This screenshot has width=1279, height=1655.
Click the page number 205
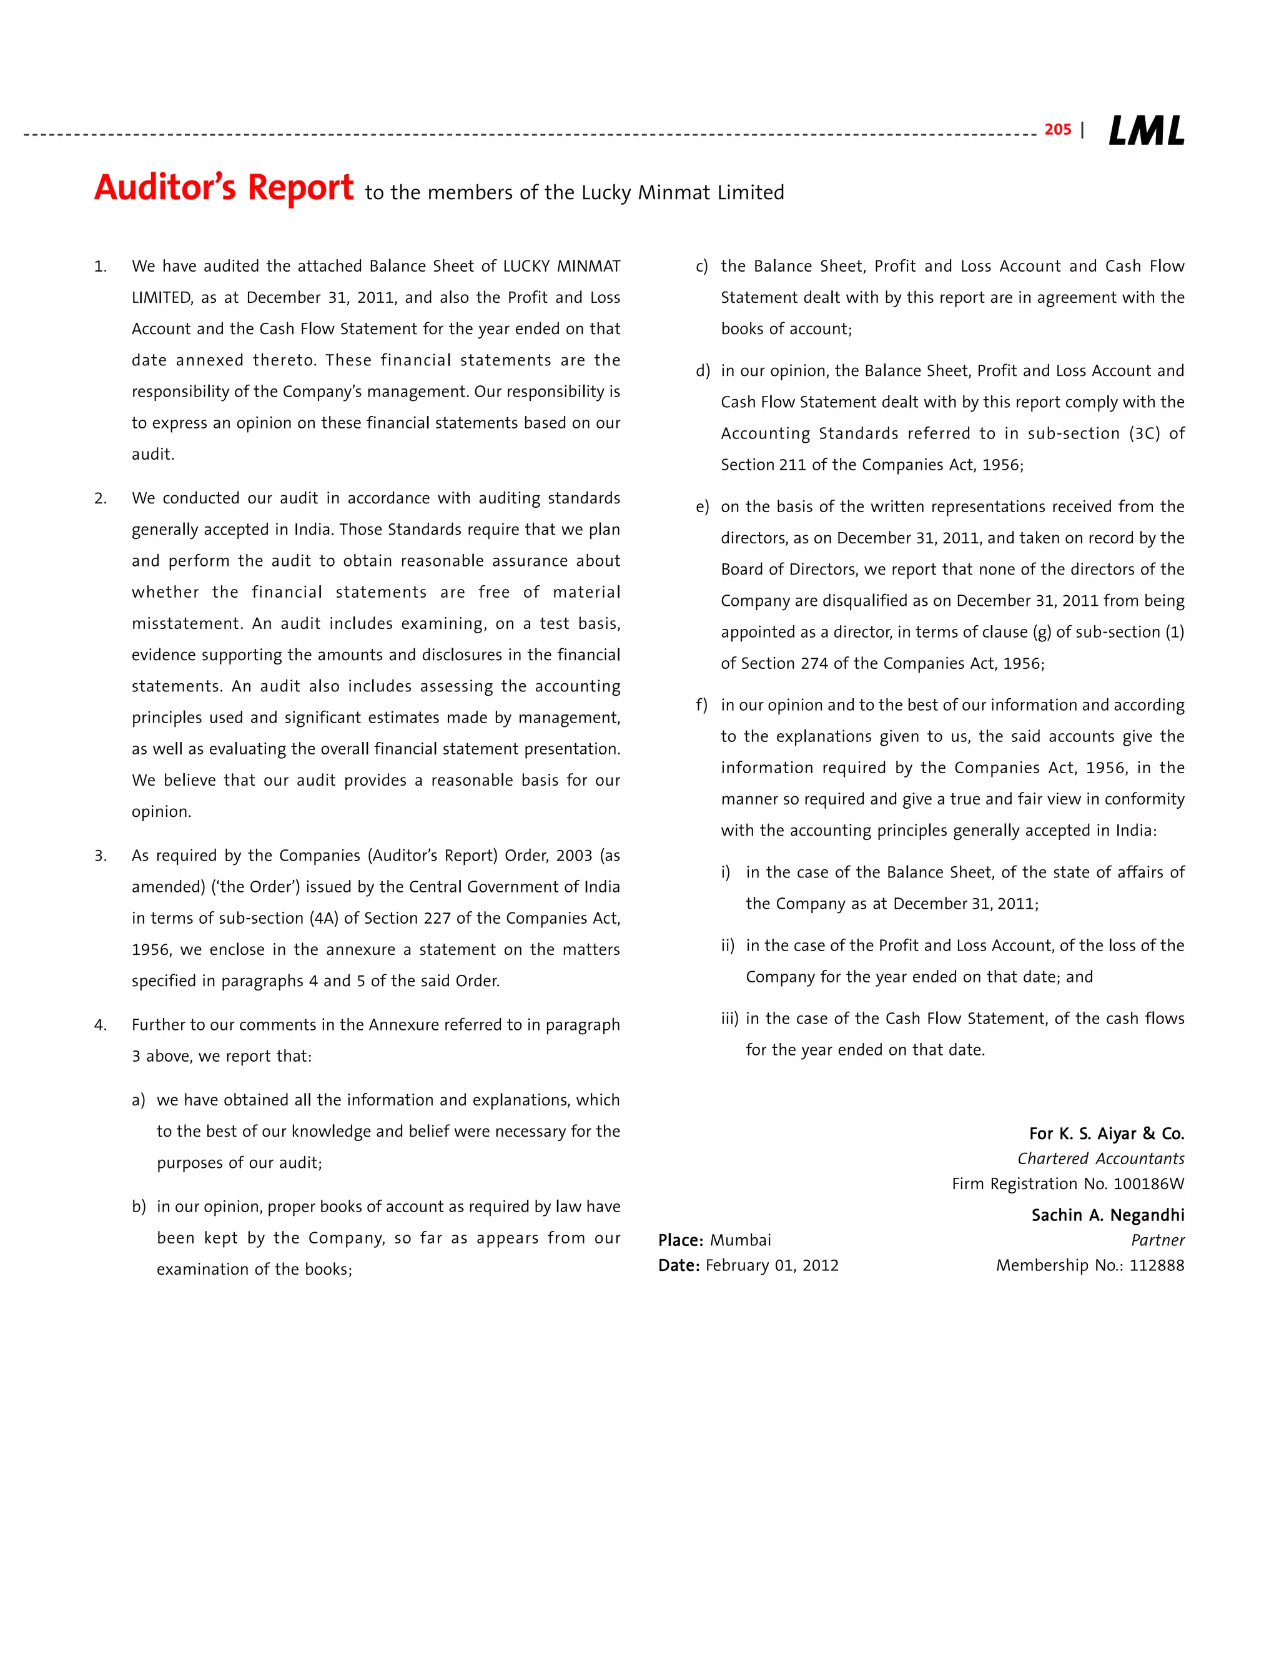tap(1057, 129)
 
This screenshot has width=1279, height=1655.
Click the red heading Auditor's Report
tap(224, 188)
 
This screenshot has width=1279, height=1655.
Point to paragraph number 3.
tap(100, 856)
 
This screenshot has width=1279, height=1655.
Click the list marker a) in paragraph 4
tap(138, 1100)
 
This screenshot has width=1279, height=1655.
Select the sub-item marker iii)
tap(729, 1019)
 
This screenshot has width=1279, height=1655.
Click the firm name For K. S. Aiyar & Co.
tap(1106, 1134)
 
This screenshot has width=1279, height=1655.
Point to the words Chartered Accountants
tap(1100, 1158)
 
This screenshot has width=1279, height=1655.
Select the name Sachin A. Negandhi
tap(1107, 1215)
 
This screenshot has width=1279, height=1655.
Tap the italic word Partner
tap(1157, 1240)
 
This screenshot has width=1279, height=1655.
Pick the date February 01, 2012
tap(771, 1265)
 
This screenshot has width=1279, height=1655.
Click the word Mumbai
tap(740, 1240)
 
